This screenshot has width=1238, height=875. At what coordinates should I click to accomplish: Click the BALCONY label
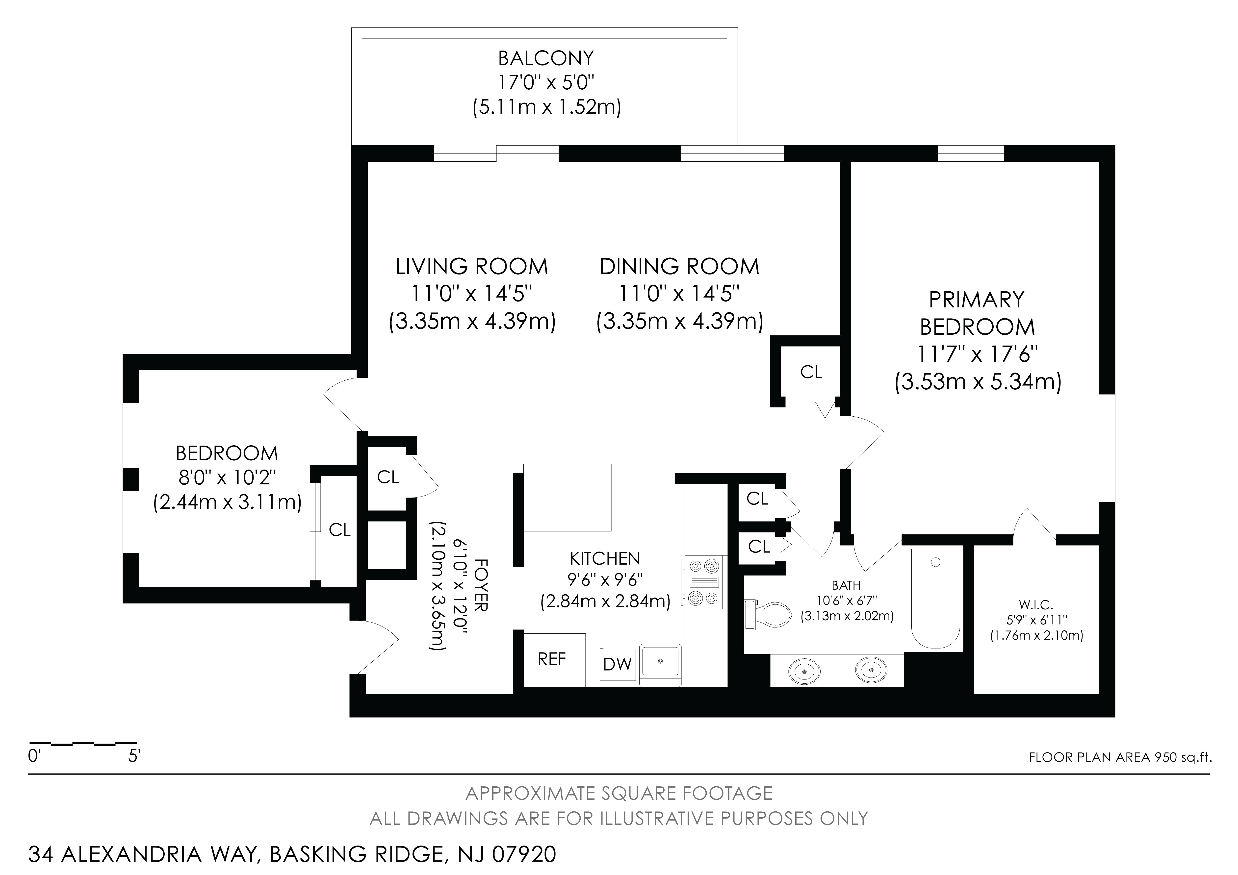546,58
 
